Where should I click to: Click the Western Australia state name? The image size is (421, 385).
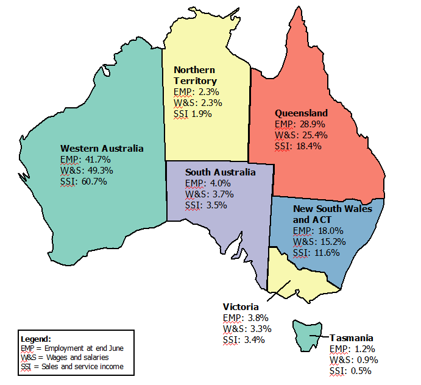[102, 148]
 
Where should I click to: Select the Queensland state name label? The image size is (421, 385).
[301, 113]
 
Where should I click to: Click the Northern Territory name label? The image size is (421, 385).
[195, 76]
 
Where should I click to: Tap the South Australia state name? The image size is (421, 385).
[220, 172]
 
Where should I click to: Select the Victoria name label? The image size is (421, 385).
[241, 306]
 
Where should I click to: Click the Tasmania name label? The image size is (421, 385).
[352, 337]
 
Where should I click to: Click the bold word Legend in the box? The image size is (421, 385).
[36, 338]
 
